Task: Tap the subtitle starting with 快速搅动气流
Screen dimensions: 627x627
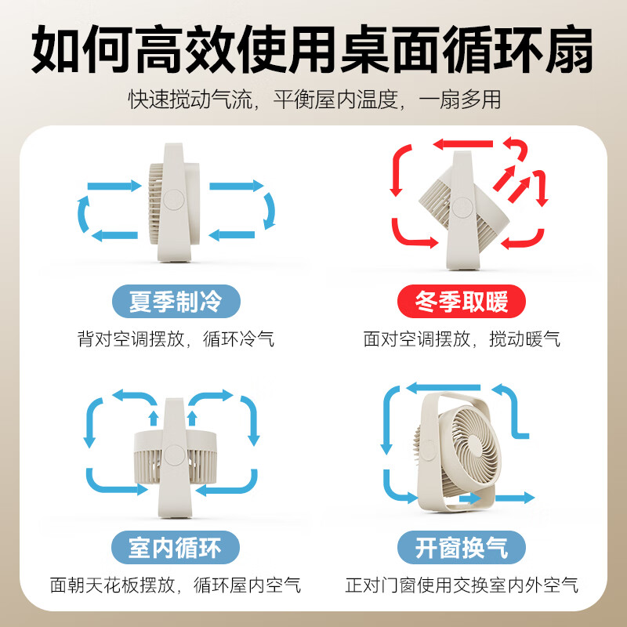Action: [313, 100]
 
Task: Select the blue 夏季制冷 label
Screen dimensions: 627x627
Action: [175, 301]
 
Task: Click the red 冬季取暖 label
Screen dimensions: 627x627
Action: [461, 301]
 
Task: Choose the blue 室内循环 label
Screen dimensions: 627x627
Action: [174, 546]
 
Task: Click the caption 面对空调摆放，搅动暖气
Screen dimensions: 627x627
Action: [462, 339]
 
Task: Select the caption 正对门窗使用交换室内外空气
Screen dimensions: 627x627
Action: [462, 585]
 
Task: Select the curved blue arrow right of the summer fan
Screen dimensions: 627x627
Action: [269, 210]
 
